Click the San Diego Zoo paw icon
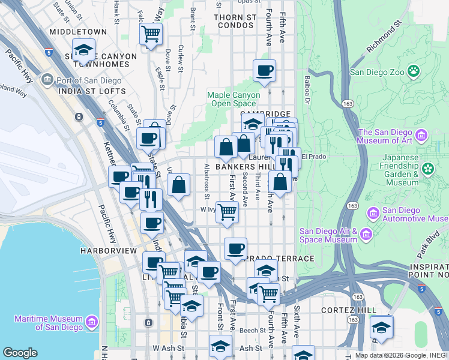[414, 72]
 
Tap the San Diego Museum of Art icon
[421, 136]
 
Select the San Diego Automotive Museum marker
[372, 213]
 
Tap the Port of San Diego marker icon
[46, 79]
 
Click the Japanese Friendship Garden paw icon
[427, 169]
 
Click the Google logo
[20, 353]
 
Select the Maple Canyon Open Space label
[234, 99]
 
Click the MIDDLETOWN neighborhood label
[78, 31]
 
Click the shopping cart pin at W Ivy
[227, 211]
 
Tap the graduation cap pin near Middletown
[83, 49]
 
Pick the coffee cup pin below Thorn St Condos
[264, 70]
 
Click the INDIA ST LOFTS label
[92, 91]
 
